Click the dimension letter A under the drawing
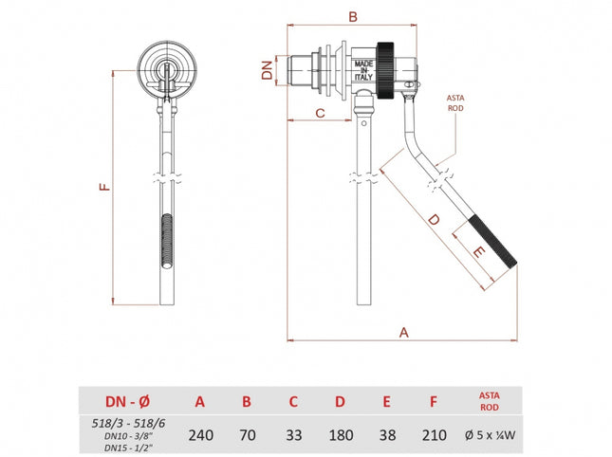point(404,332)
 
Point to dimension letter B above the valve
point(352,16)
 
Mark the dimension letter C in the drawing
point(320,113)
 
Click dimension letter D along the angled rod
point(433,220)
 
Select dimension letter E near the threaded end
point(478,252)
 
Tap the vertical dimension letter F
point(105,187)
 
